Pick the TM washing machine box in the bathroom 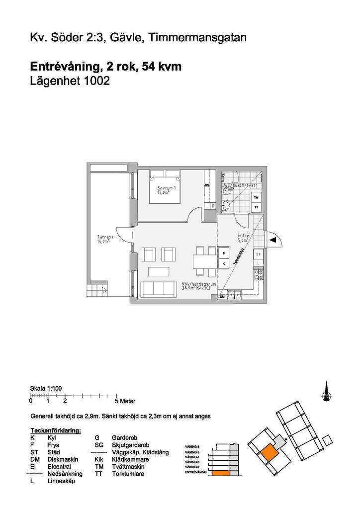point(256,197)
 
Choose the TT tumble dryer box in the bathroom point(256,206)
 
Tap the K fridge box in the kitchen point(224,263)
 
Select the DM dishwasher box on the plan point(223,296)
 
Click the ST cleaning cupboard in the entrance point(258,254)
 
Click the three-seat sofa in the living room point(158,289)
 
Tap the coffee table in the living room point(158,271)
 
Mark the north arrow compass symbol point(327,391)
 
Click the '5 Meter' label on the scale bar point(125,401)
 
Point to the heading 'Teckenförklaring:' point(56,430)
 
